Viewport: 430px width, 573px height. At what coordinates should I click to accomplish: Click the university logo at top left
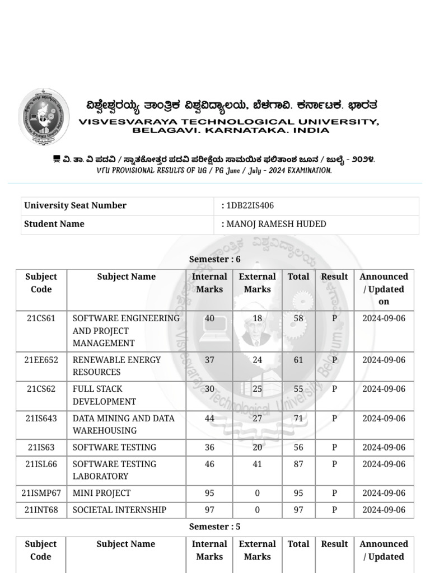(x=44, y=117)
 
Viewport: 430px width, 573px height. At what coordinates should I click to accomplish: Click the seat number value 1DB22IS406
(x=250, y=205)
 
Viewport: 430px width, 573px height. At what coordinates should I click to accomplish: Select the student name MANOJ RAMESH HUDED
(x=275, y=224)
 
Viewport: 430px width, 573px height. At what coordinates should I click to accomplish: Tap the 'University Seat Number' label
(x=75, y=205)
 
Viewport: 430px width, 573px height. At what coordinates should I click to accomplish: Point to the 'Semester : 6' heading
(x=214, y=259)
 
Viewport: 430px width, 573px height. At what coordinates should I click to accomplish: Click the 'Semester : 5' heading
(x=214, y=527)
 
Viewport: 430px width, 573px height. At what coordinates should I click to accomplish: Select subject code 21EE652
(x=41, y=360)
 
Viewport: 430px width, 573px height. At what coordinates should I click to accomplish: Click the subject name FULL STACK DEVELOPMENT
(x=104, y=395)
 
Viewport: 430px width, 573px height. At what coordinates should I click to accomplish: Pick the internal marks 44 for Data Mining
(x=209, y=418)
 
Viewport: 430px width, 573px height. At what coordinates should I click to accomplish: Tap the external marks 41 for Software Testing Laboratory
(x=257, y=464)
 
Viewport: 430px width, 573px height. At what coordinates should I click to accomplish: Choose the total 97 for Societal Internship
(x=298, y=510)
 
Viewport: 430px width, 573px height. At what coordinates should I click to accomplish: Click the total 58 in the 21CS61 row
(x=298, y=318)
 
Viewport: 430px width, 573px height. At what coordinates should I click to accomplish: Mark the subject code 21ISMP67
(x=41, y=493)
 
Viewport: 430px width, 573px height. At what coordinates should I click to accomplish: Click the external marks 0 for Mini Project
(x=257, y=493)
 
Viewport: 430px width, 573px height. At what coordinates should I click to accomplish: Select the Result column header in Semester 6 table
(x=334, y=276)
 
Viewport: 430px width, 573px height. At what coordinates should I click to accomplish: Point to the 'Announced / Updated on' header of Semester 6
(x=384, y=289)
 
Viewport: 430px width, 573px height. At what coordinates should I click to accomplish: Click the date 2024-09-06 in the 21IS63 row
(x=384, y=447)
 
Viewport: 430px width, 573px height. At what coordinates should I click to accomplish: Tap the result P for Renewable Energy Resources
(x=334, y=360)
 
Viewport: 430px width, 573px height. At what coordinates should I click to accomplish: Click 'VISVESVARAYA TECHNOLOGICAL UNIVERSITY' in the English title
(x=229, y=121)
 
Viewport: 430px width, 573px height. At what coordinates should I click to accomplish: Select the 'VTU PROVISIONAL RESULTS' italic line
(x=214, y=171)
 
